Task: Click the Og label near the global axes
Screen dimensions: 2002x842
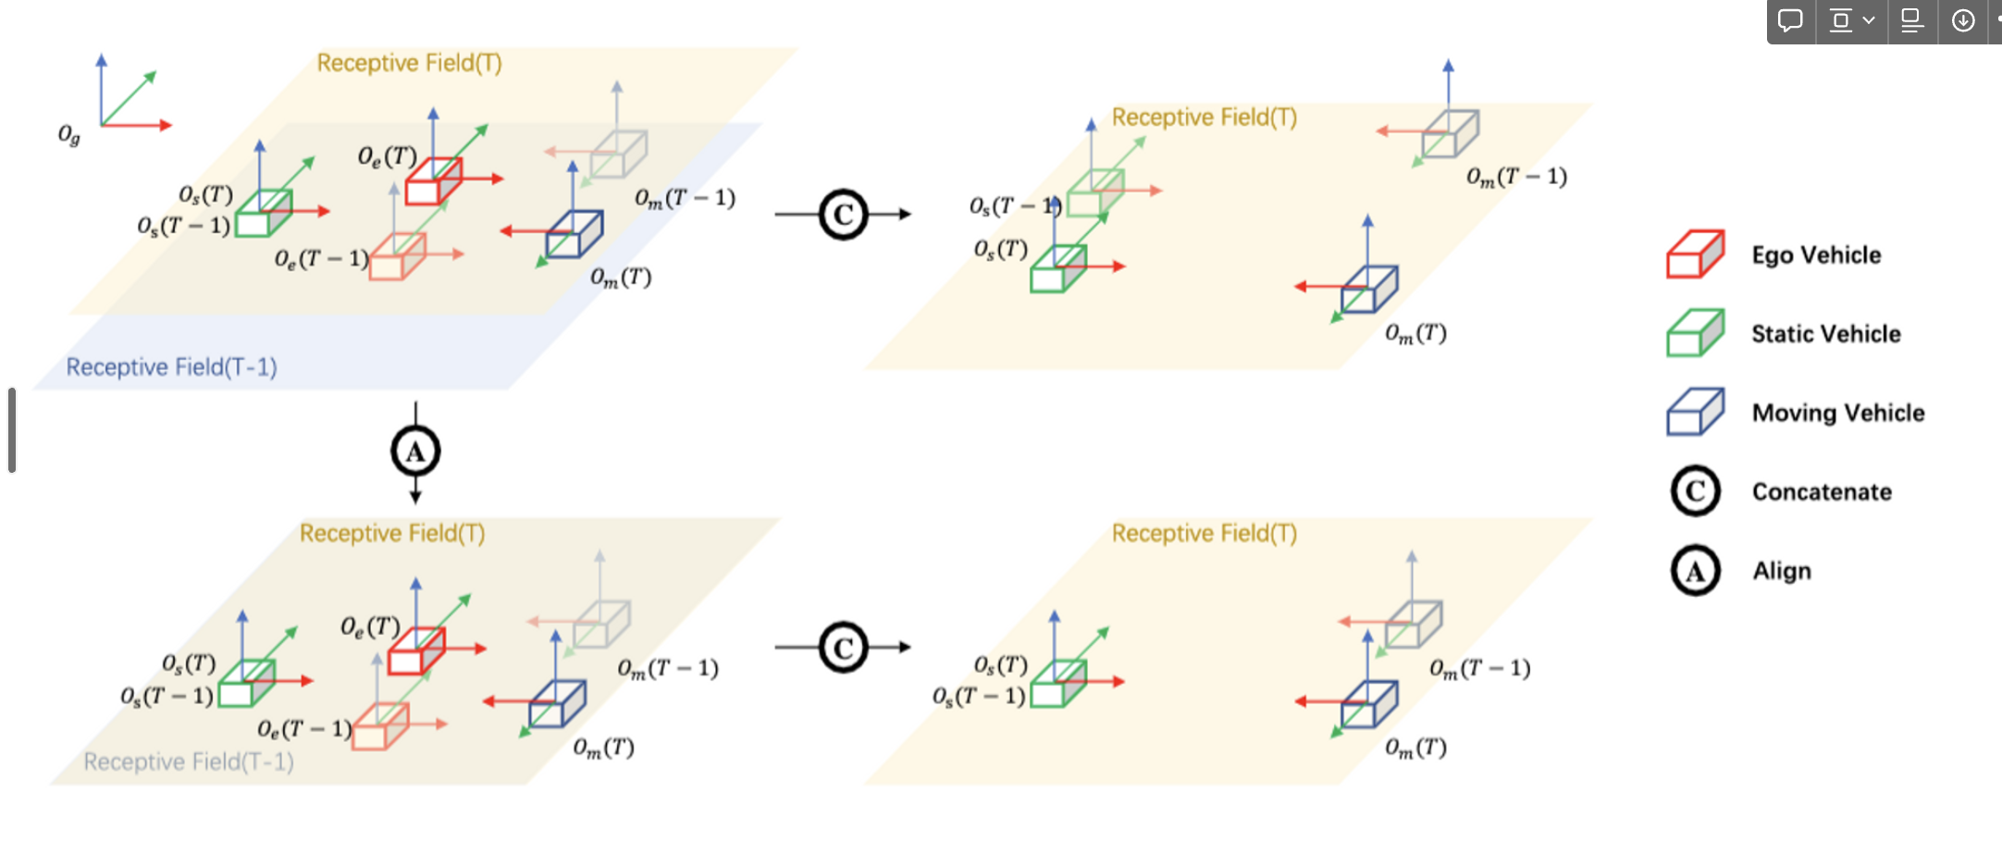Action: click(x=69, y=136)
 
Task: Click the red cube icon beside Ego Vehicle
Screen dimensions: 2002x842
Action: click(x=1696, y=254)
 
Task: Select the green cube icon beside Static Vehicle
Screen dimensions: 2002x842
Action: click(x=1696, y=333)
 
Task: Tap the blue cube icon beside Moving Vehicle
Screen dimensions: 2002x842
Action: click(x=1696, y=412)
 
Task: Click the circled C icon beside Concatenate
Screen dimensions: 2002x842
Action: click(x=1696, y=491)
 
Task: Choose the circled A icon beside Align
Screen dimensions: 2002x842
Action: click(x=1696, y=570)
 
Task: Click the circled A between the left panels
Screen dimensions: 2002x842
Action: click(x=415, y=452)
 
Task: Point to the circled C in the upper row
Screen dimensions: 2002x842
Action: click(x=844, y=215)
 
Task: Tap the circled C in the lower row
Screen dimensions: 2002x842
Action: click(x=844, y=648)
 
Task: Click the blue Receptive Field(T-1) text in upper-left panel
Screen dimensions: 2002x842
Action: click(x=172, y=367)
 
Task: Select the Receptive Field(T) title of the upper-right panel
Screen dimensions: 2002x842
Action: click(x=1205, y=118)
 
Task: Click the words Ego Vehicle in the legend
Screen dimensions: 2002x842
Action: click(x=1817, y=255)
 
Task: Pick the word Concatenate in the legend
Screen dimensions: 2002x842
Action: click(x=1822, y=492)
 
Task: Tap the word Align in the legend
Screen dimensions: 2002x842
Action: click(x=1782, y=572)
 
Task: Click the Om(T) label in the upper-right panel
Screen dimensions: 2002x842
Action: click(x=1415, y=334)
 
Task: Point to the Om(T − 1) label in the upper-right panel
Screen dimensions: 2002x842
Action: click(x=1516, y=177)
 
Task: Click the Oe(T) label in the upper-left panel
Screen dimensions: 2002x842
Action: click(x=388, y=156)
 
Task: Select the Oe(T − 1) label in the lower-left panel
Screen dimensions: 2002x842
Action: click(x=305, y=730)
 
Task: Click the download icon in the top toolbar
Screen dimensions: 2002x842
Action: click(x=1962, y=20)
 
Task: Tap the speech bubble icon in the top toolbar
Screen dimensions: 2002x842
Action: click(x=1791, y=20)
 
